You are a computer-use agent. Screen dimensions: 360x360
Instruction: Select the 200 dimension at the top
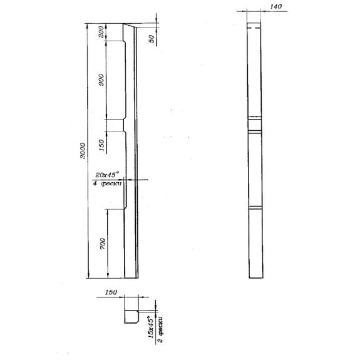(101, 32)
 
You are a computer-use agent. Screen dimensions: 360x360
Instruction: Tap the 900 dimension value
(101, 80)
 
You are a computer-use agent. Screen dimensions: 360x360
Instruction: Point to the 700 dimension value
(103, 244)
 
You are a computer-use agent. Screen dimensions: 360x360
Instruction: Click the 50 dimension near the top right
(152, 39)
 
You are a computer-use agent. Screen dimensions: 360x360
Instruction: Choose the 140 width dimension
(275, 6)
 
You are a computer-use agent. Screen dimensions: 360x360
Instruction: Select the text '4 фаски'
(107, 183)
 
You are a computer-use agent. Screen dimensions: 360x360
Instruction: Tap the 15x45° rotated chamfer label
(151, 327)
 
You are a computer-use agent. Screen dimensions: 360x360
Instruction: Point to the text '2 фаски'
(160, 330)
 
